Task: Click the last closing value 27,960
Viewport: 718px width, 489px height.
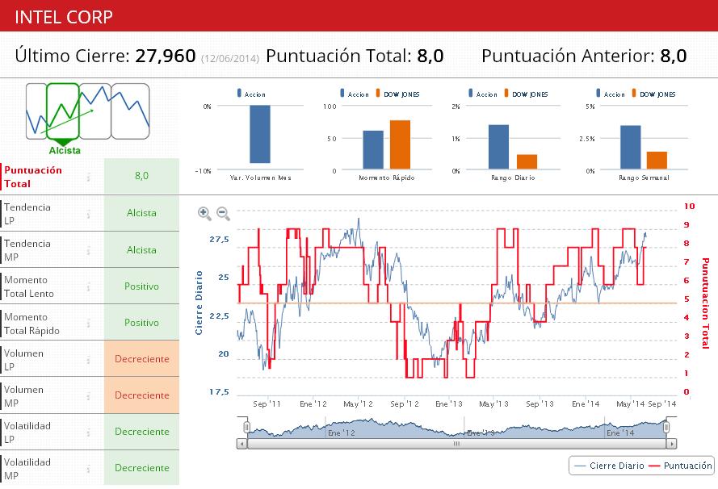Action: click(x=166, y=56)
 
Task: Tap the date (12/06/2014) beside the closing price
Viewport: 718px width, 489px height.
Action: click(x=230, y=58)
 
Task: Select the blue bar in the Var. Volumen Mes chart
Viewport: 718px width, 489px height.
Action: click(x=259, y=134)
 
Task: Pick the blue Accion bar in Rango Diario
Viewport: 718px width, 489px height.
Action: click(x=498, y=147)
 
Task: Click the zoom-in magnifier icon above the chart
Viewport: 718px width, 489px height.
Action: click(x=204, y=214)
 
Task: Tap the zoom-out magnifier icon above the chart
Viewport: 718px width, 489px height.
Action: click(x=224, y=214)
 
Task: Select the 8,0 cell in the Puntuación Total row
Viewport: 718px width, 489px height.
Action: click(x=141, y=175)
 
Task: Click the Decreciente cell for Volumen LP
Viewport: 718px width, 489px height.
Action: click(x=141, y=358)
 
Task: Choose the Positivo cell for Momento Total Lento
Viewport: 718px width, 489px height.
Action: click(x=141, y=286)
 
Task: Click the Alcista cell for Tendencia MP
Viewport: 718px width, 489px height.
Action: click(x=141, y=249)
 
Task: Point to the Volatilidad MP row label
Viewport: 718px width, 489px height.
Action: click(x=27, y=468)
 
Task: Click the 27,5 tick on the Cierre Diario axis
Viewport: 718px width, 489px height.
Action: click(x=219, y=240)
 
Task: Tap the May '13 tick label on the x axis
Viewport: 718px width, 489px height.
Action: click(x=493, y=403)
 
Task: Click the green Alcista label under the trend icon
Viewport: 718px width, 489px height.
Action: click(x=65, y=150)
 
